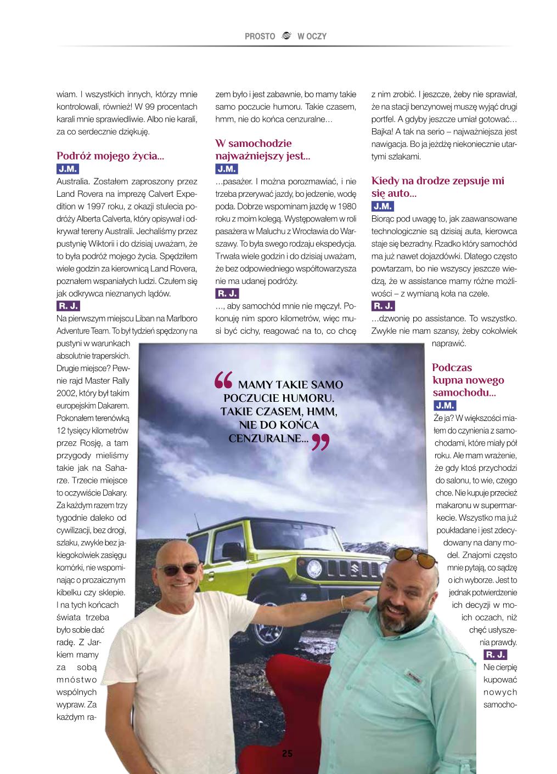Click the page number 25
(287, 753)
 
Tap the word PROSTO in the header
(260, 36)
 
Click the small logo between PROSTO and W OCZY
(286, 36)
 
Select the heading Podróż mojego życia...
(110, 156)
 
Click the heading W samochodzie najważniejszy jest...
(262, 150)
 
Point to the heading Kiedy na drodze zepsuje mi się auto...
(437, 187)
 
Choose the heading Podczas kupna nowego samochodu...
(468, 380)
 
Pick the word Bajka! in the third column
(383, 132)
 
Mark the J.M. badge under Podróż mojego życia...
(67, 169)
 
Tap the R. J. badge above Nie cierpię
(495, 655)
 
